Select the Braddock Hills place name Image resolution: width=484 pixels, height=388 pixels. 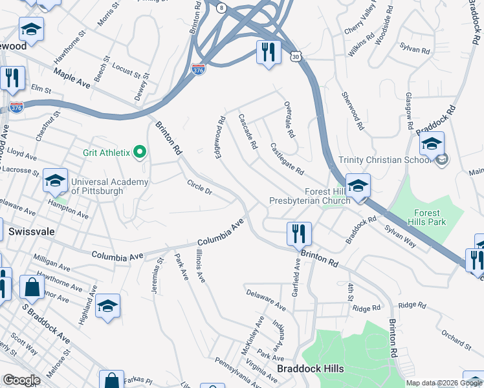(310, 369)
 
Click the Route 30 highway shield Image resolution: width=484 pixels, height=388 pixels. (295, 57)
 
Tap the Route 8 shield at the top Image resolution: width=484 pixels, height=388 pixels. (221, 8)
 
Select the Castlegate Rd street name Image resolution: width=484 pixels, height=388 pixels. (287, 159)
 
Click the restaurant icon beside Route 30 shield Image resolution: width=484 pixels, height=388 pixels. (269, 52)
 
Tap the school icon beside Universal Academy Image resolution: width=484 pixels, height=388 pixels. (56, 181)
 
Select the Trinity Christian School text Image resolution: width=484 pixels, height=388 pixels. (384, 160)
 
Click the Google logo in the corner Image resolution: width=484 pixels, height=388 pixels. (21, 380)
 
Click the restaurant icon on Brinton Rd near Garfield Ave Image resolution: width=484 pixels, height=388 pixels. (298, 233)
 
